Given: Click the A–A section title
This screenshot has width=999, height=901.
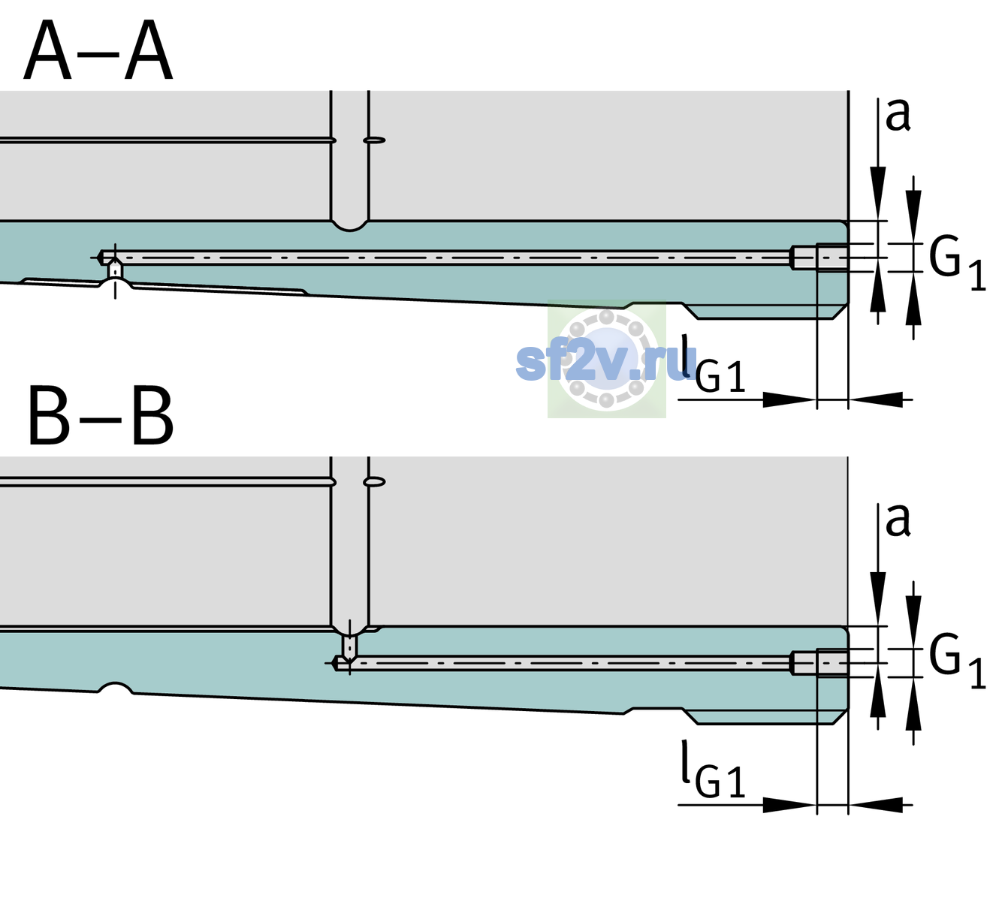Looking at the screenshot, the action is pos(98,51).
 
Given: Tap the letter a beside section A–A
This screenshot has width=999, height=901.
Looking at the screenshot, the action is pos(898,116).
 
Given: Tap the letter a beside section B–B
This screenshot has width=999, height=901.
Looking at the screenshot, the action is pos(898,520).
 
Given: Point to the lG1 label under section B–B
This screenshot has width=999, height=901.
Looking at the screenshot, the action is pos(713,769).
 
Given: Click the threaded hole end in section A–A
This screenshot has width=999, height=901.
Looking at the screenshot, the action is pos(819,258).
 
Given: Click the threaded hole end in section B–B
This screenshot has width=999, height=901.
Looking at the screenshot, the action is pos(819,664).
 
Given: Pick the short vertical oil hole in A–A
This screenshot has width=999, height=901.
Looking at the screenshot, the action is pos(115,271).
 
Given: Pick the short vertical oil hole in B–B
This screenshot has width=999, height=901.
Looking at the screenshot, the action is pos(350,646).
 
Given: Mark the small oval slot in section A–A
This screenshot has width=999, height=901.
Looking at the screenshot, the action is pos(375,140).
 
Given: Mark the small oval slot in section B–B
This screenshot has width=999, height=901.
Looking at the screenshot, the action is pos(375,482).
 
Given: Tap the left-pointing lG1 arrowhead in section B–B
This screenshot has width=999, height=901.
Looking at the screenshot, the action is pos(876,805).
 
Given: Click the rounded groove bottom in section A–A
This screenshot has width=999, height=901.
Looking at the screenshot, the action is pos(349,227).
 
